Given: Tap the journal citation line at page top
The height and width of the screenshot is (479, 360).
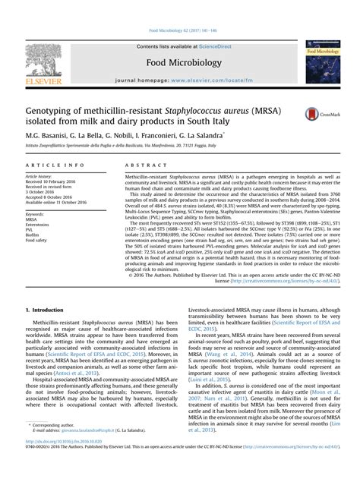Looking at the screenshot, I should tap(179, 32).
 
